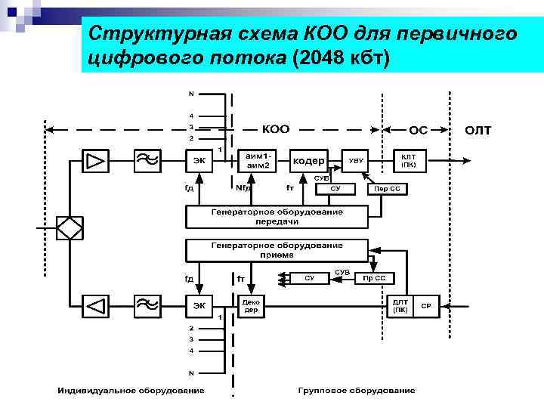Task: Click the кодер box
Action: [308, 161]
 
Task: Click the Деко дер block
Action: [252, 306]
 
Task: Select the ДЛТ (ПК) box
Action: [401, 306]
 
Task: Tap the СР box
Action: [427, 306]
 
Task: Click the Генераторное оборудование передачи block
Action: [276, 217]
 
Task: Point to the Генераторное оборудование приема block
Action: [276, 250]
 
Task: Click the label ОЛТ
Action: [478, 130]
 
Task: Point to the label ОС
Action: [418, 130]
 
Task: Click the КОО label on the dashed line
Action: [275, 129]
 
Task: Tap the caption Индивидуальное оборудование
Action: [131, 391]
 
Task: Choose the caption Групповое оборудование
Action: [355, 391]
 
